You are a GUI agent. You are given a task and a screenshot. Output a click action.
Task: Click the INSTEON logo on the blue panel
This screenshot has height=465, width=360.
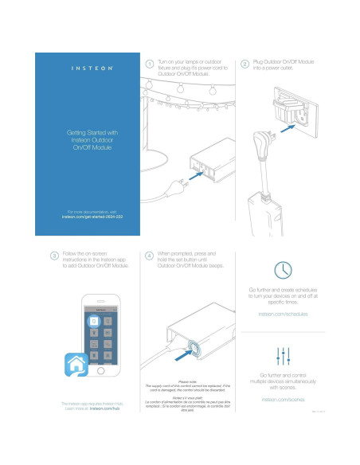pos(88,69)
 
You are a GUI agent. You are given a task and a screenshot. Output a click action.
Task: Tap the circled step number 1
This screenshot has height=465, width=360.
pos(149,63)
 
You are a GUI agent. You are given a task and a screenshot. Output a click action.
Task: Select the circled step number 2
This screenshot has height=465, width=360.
pos(244,63)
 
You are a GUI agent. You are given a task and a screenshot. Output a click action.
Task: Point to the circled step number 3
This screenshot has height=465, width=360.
pos(53,256)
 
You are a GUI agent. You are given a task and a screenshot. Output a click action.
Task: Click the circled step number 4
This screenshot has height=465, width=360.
pos(149,256)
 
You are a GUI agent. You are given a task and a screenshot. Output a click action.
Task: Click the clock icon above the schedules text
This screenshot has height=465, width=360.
pos(282,268)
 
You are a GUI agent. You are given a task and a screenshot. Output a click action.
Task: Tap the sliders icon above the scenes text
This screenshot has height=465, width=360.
pos(282,355)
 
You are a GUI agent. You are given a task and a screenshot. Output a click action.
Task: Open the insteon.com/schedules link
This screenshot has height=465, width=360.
pos(281,315)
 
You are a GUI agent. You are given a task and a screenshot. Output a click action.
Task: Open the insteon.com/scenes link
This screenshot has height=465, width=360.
pos(281,399)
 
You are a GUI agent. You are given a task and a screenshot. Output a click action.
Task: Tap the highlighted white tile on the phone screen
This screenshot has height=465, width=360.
pos(93,320)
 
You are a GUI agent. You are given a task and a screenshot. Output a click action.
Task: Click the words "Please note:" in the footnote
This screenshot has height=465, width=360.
pos(188,381)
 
